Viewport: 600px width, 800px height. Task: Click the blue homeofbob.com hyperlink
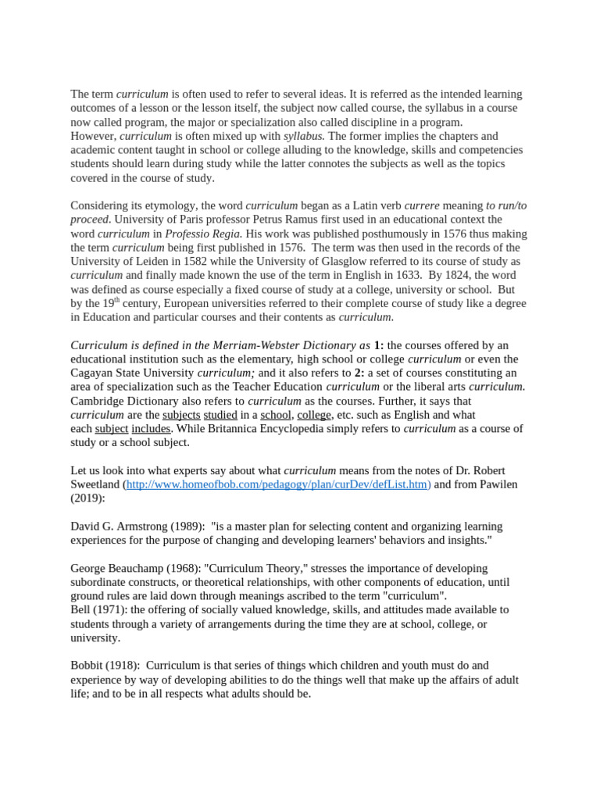278,484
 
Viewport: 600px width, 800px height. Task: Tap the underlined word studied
220,415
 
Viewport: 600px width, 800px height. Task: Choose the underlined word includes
151,429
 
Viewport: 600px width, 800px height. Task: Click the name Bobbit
87,666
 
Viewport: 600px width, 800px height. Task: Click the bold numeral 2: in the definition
359,373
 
